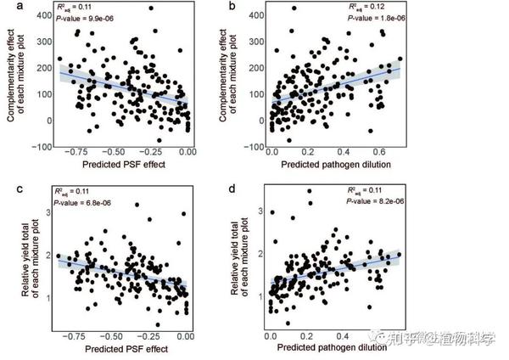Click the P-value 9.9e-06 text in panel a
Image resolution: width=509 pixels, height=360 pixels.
coord(83,18)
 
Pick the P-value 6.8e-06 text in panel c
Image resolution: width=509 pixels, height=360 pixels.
coord(83,203)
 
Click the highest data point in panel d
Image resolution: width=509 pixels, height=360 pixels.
coord(309,191)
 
